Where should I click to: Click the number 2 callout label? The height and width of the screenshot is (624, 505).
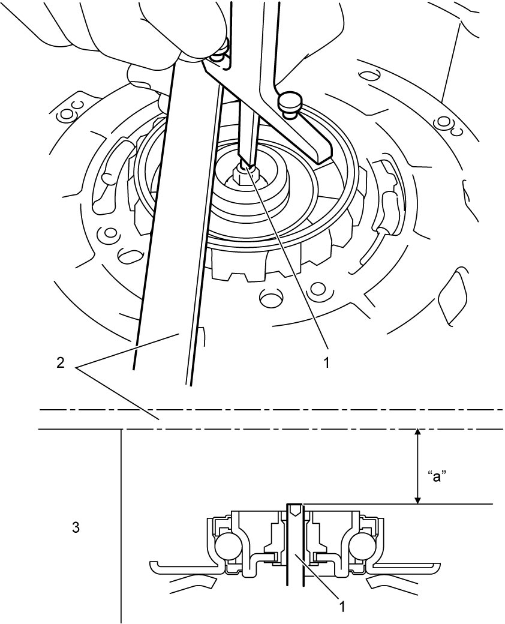click(60, 364)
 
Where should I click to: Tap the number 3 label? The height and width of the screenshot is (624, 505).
click(76, 527)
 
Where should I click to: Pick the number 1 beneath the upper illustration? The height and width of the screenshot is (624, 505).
click(326, 362)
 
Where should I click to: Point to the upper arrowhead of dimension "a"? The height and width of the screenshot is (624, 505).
click(417, 433)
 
